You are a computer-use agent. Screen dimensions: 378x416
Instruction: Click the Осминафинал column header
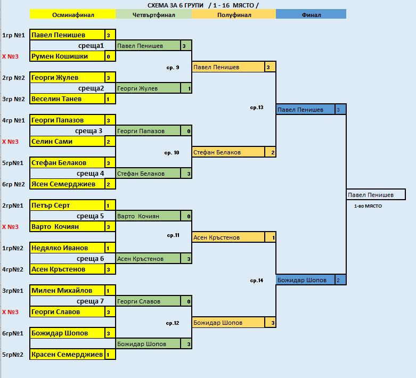tap(72, 15)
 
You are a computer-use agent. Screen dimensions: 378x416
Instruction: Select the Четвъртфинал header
tap(153, 15)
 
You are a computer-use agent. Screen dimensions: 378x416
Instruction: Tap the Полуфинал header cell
tap(234, 15)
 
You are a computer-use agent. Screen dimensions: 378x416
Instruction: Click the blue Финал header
tap(311, 15)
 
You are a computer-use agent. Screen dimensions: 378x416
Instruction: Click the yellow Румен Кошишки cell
tap(67, 56)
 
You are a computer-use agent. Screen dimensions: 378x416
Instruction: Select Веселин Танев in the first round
tap(67, 99)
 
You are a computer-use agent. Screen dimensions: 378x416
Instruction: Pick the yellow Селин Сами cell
tap(67, 142)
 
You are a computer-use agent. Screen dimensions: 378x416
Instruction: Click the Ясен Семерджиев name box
tap(67, 184)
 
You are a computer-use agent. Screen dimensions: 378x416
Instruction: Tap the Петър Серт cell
tap(67, 206)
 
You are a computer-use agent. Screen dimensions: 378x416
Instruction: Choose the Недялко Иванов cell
tap(67, 248)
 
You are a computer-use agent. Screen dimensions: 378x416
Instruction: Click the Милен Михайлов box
tap(67, 291)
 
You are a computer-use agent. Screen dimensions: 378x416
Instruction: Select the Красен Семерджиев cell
tap(67, 355)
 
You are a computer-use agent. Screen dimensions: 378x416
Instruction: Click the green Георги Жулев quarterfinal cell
tap(148, 88)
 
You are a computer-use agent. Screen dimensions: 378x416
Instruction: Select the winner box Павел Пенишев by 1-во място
tap(376, 195)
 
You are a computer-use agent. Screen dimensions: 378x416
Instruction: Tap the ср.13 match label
tap(257, 108)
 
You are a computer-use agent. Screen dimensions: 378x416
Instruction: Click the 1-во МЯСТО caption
tap(368, 206)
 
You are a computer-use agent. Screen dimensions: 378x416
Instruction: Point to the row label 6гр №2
tap(14, 184)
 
